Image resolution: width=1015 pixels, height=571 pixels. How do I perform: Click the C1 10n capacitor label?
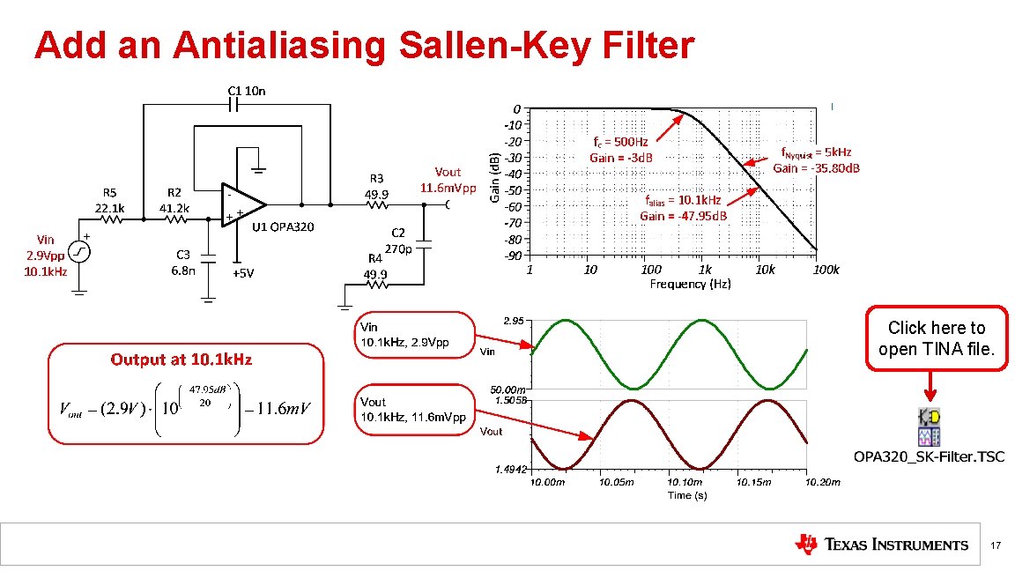[247, 90]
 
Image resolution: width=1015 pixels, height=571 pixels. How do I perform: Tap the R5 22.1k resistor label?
[110, 200]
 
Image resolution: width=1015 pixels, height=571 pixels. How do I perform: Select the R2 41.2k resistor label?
[174, 200]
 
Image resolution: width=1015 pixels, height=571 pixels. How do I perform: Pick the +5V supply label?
[243, 273]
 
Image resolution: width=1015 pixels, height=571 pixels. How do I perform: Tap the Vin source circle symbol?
[79, 252]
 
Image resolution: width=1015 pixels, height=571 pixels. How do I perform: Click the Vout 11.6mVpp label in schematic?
[448, 180]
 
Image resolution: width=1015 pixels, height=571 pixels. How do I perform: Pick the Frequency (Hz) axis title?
[690, 284]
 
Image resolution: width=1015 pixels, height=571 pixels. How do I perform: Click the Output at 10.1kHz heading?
[181, 360]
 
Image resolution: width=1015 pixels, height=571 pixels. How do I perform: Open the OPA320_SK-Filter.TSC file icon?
[928, 426]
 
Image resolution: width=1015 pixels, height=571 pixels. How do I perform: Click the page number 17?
[996, 546]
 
